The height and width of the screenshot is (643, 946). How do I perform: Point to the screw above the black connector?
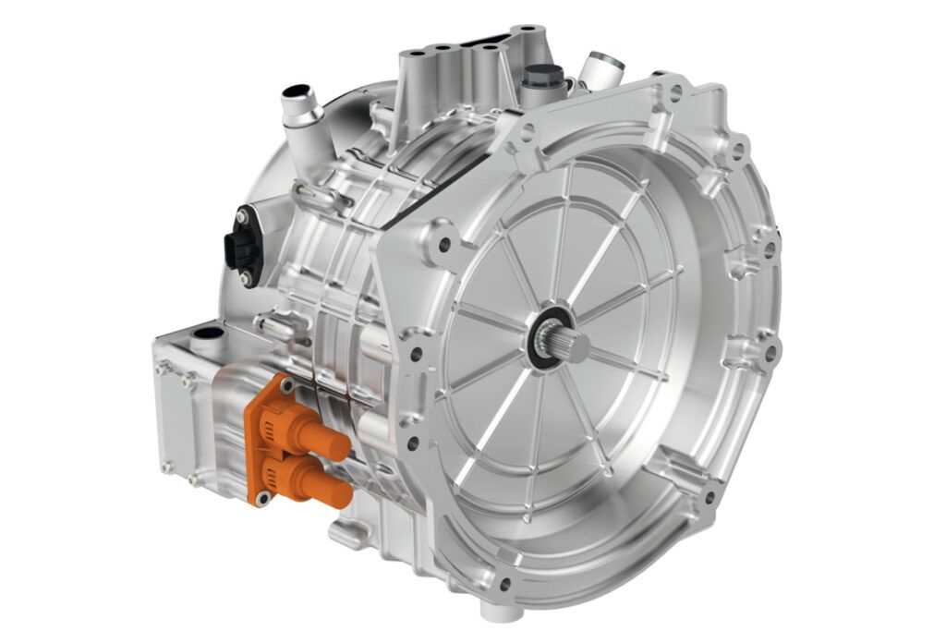pyautogui.click(x=242, y=215)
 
